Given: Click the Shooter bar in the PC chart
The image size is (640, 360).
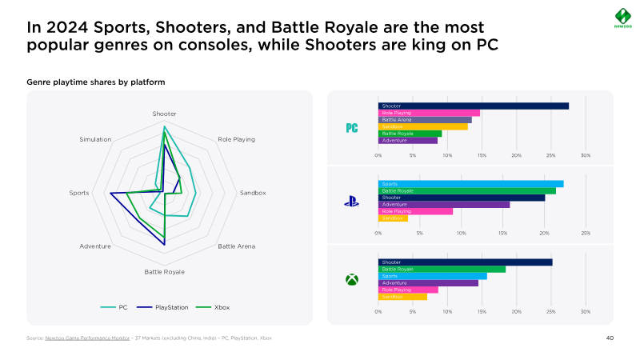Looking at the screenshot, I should (x=473, y=106).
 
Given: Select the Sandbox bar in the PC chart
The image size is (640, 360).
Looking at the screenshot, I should (x=422, y=126).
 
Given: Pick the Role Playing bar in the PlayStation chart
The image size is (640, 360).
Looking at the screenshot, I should (x=415, y=211).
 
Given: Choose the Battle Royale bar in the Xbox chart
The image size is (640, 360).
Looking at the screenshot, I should (x=442, y=269).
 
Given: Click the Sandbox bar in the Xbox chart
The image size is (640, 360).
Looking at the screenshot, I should (x=402, y=297).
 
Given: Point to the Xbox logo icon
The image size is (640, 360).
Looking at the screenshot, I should (x=351, y=280).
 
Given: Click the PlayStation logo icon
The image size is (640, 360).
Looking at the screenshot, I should (x=351, y=202).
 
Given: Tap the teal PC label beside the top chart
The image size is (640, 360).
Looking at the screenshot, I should (x=351, y=128).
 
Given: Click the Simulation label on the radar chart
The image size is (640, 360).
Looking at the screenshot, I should (x=95, y=140).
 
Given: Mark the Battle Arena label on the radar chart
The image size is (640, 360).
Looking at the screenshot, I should (x=237, y=246).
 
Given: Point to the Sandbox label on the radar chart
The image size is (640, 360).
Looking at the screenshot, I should (x=252, y=193).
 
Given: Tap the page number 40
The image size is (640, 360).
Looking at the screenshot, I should (x=610, y=338).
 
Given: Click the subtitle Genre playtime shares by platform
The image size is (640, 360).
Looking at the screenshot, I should (x=96, y=82).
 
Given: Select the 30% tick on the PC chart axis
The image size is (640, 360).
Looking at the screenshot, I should (x=586, y=155).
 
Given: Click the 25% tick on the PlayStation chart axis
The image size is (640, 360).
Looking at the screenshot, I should (x=586, y=233).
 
